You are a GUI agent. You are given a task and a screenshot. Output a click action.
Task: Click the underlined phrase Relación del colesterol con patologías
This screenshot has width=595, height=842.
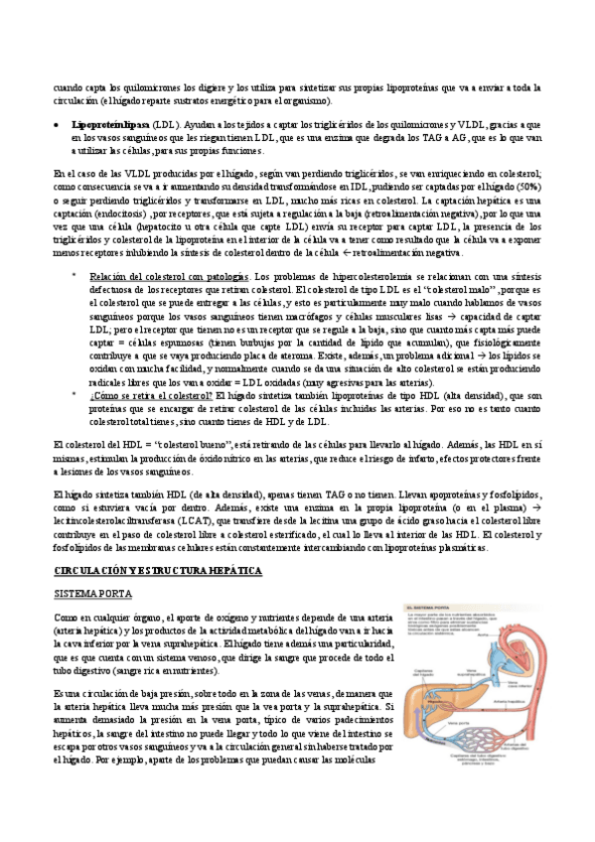pos(168,276)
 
